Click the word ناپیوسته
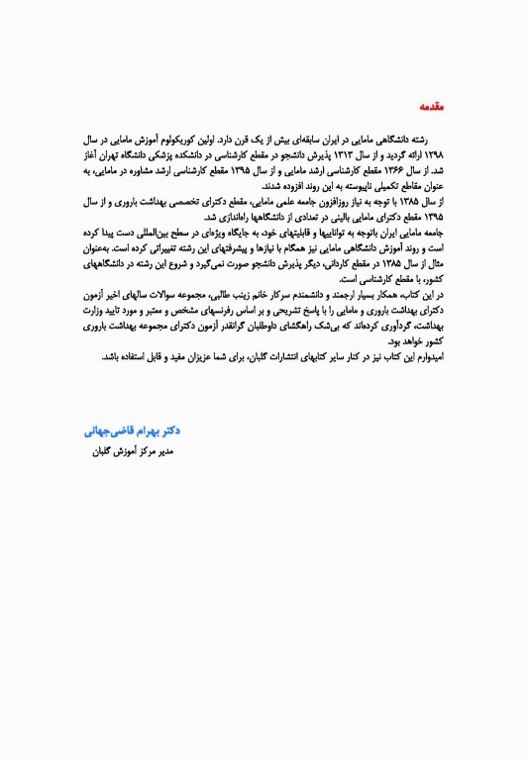(x=336, y=186)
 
